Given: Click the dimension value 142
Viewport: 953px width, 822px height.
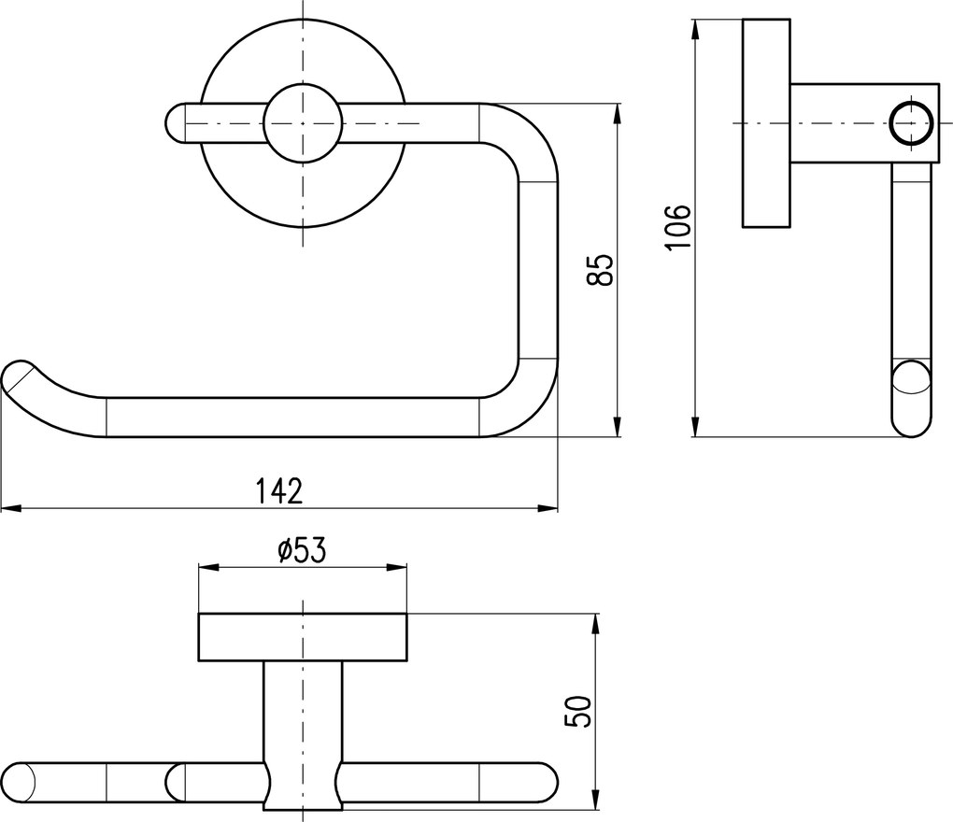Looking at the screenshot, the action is pos(279,491).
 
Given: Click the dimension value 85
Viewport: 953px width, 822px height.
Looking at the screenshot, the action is pos(601,269).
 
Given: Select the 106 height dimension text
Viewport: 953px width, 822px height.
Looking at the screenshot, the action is pos(677,227).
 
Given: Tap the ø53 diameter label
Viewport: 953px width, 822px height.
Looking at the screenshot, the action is pos(302,550).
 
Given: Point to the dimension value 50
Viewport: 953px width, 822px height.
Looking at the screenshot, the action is pos(577,712).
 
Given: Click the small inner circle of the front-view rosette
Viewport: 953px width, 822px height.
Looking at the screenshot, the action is pos(302,123).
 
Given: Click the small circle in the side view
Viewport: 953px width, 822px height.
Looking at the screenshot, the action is pos(910,123).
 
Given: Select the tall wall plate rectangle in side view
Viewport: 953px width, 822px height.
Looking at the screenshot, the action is pos(766,123).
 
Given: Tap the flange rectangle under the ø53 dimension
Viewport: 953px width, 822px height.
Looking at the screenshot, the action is pos(303,637).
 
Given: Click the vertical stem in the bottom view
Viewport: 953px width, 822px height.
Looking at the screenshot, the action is pos(302,735).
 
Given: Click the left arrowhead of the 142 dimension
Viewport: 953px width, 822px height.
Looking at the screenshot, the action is pos(11,508).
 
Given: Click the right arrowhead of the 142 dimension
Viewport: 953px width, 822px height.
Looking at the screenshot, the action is pos(548,508).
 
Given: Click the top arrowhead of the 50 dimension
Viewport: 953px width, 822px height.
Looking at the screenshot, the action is pos(596,624).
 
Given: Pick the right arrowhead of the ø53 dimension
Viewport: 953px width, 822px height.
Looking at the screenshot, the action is pos(397,568).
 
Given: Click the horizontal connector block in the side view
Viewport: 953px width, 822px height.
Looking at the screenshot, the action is pos(861,123).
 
